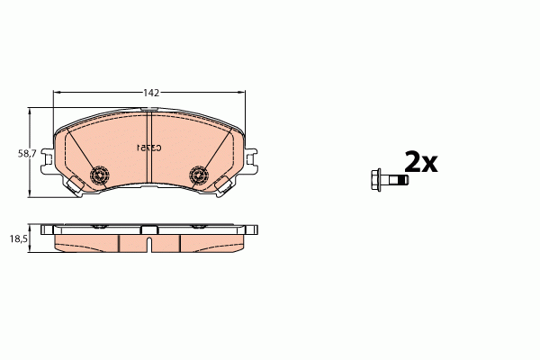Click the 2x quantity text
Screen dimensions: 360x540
(x=420, y=162)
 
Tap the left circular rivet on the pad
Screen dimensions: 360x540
(x=101, y=174)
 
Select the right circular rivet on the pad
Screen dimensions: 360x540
(x=200, y=175)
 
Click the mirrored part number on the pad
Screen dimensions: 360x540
(x=148, y=147)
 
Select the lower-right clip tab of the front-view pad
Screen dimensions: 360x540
(x=223, y=184)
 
